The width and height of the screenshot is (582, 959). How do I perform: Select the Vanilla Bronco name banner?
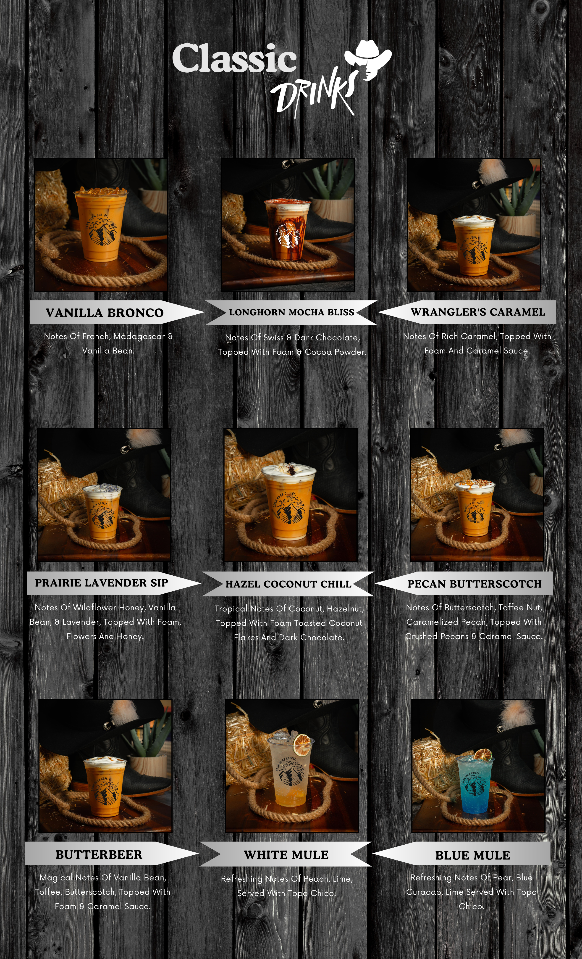click(x=117, y=312)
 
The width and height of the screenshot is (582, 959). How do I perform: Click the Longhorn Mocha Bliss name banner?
click(x=291, y=312)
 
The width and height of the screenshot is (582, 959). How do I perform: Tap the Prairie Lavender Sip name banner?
click(x=114, y=583)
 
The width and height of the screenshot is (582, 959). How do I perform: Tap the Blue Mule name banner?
click(x=462, y=855)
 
